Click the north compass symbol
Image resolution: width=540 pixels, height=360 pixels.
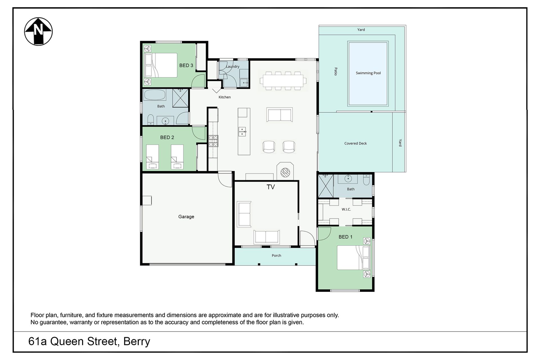pyautogui.click(x=39, y=31)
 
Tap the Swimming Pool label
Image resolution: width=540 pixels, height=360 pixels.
pyautogui.click(x=368, y=73)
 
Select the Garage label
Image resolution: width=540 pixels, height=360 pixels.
pyautogui.click(x=186, y=217)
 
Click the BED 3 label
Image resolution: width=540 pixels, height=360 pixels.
pyautogui.click(x=186, y=66)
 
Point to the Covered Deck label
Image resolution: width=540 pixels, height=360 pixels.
pyautogui.click(x=355, y=143)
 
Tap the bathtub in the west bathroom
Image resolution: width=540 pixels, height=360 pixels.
pyautogui.click(x=155, y=95)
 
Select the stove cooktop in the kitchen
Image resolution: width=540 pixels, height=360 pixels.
pyautogui.click(x=213, y=141)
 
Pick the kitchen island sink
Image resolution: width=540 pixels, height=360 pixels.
pyautogui.click(x=242, y=131)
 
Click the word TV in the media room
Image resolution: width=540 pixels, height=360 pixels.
pyautogui.click(x=271, y=187)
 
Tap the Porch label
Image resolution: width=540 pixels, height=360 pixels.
pyautogui.click(x=276, y=256)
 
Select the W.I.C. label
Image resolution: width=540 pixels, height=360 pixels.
pyautogui.click(x=346, y=210)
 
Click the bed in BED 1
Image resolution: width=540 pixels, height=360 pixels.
pyautogui.click(x=354, y=258)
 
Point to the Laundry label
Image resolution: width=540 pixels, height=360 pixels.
pyautogui.click(x=233, y=67)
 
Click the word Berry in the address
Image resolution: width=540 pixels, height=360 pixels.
pyautogui.click(x=137, y=342)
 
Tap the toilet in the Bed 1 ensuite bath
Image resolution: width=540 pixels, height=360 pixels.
pyautogui.click(x=366, y=180)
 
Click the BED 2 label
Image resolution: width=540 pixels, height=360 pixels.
pyautogui.click(x=167, y=138)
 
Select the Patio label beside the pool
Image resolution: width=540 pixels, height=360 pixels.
pyautogui.click(x=336, y=71)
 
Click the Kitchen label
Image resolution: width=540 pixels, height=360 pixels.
pyautogui.click(x=225, y=97)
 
